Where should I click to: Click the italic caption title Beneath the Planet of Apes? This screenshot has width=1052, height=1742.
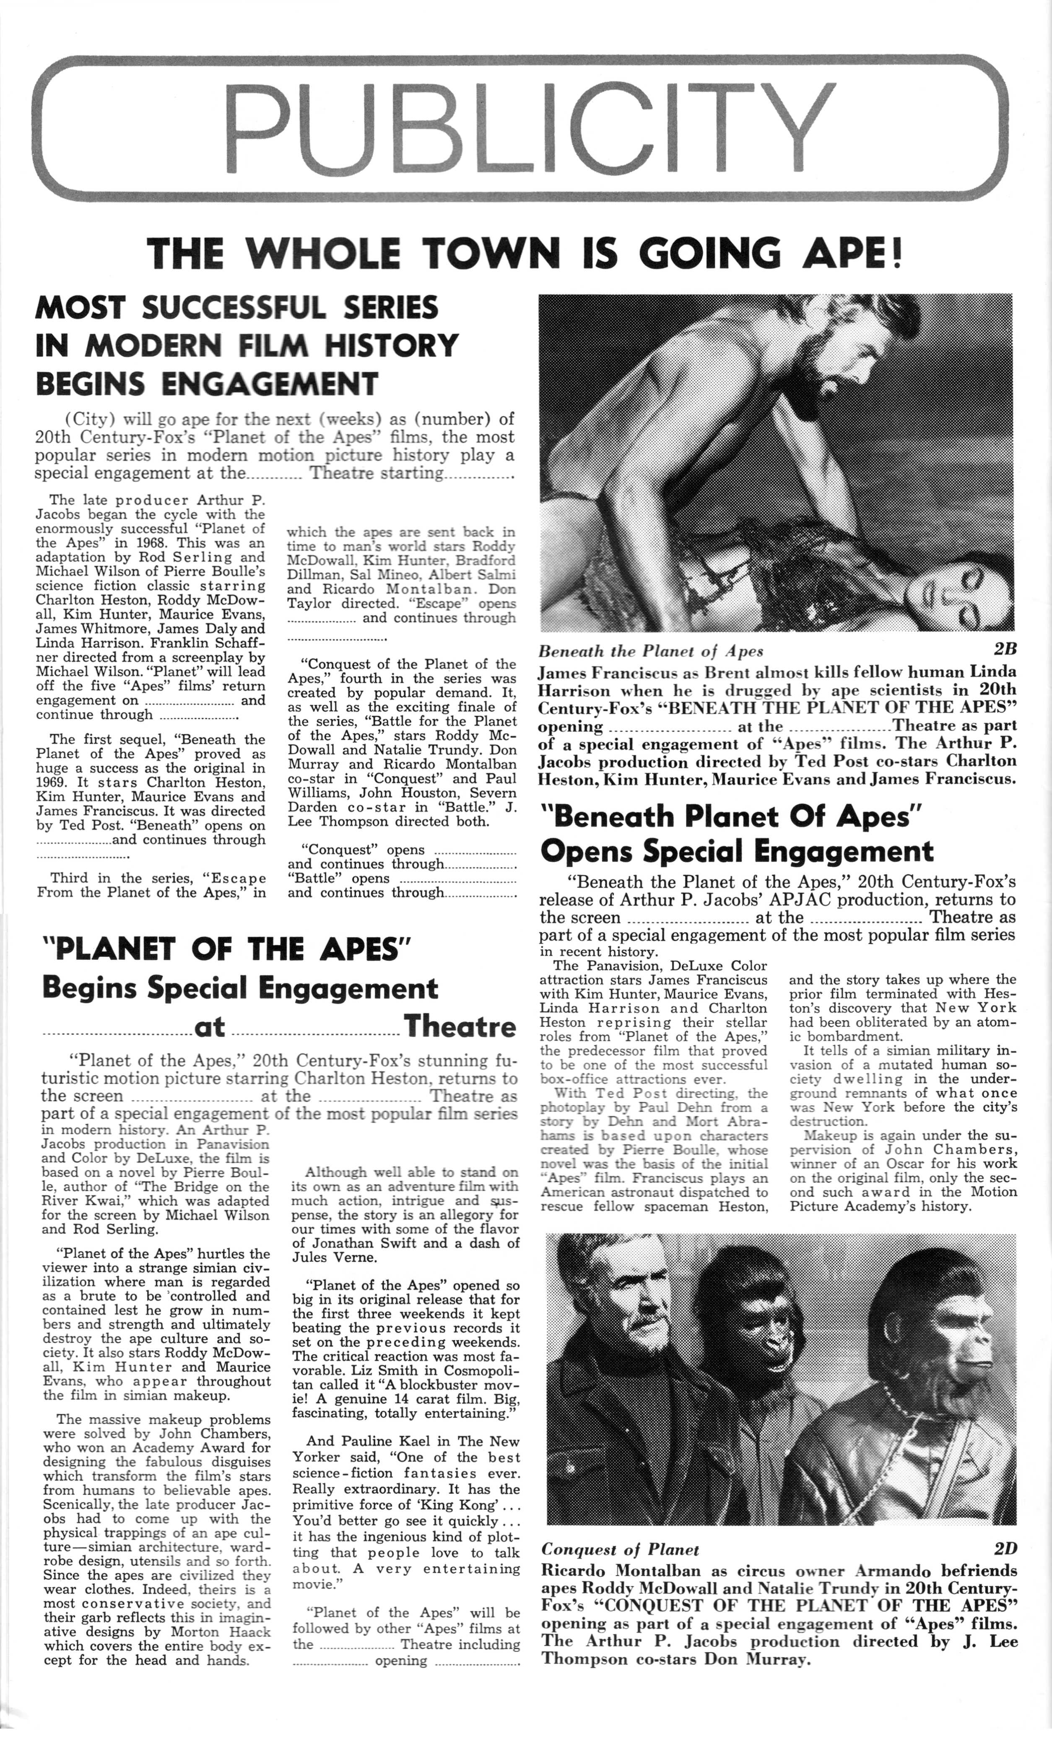coord(650,650)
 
